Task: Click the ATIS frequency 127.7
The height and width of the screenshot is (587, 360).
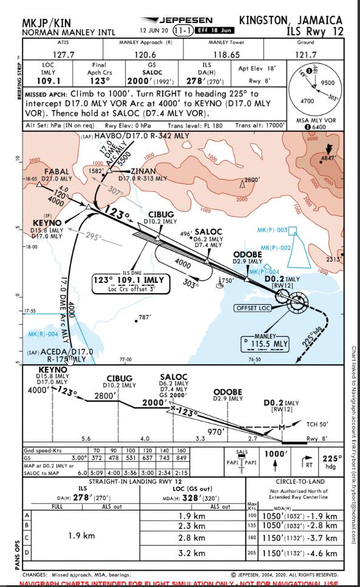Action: (x=63, y=55)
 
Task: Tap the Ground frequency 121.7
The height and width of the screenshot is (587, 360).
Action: (x=305, y=55)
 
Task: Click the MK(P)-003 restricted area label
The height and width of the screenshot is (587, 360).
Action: (x=272, y=230)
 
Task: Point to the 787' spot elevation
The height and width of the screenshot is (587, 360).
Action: (x=144, y=317)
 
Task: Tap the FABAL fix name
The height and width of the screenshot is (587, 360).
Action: (x=57, y=172)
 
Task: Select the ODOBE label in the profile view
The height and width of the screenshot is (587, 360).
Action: (x=228, y=392)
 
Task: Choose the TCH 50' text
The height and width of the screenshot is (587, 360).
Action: (x=315, y=424)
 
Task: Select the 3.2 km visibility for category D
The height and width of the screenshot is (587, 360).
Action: (x=192, y=553)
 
